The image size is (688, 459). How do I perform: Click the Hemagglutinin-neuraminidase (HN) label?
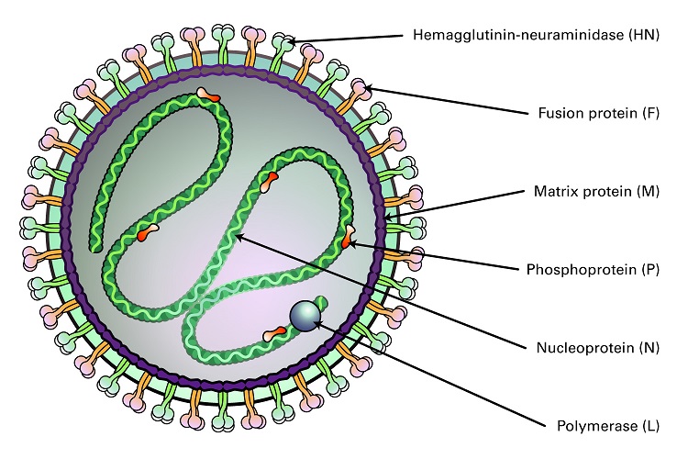coord(535,37)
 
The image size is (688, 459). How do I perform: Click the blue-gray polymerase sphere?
coord(304,316)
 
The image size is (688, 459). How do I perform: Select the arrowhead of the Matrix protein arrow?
coord(389,217)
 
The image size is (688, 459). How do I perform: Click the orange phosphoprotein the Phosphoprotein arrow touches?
coord(346,241)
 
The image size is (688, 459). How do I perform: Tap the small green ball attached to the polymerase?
coord(321,301)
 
